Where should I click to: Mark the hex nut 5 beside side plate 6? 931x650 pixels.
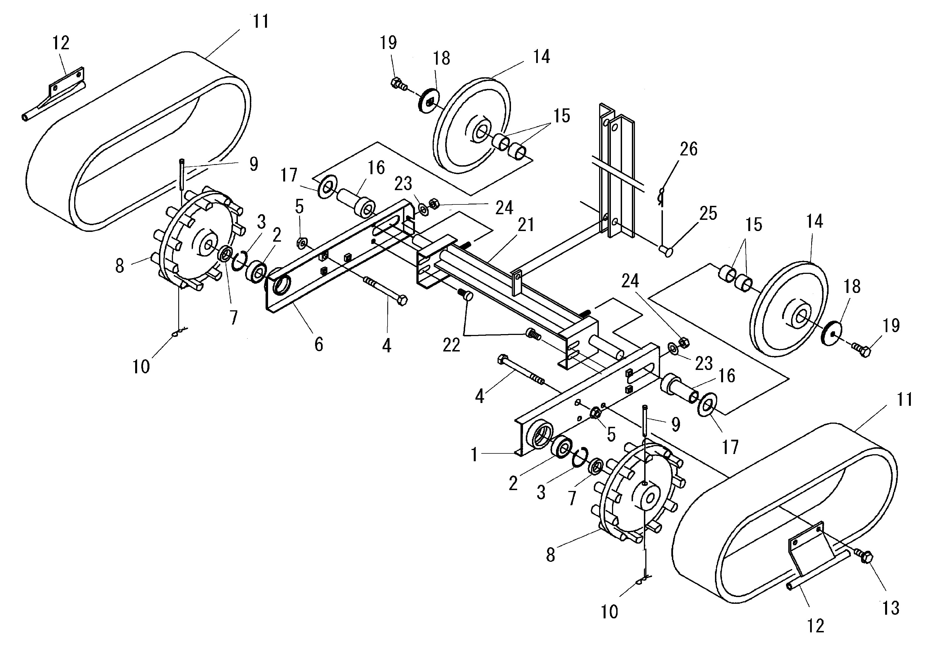(301, 243)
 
